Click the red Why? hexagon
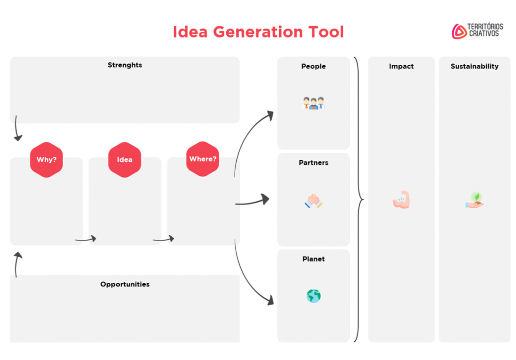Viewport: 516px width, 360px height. coord(46,160)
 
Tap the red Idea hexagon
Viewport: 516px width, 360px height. coord(124,160)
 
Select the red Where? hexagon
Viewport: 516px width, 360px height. coord(203,159)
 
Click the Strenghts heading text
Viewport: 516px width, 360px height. coord(125,65)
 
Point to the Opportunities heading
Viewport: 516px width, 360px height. coord(125,284)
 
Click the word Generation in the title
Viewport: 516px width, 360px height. coord(259,32)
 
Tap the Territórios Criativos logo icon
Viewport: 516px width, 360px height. coord(459,31)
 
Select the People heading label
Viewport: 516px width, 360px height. coord(313,67)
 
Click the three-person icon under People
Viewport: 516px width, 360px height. coord(313,103)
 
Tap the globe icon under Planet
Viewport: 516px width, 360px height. coord(313,296)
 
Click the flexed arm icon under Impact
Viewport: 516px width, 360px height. coord(402,200)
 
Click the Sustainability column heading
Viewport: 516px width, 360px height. coord(475,67)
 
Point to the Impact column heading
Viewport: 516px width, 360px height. coord(402,67)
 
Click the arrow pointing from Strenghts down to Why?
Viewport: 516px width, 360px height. coord(18,129)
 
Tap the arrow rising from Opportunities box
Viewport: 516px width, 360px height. coord(18,263)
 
